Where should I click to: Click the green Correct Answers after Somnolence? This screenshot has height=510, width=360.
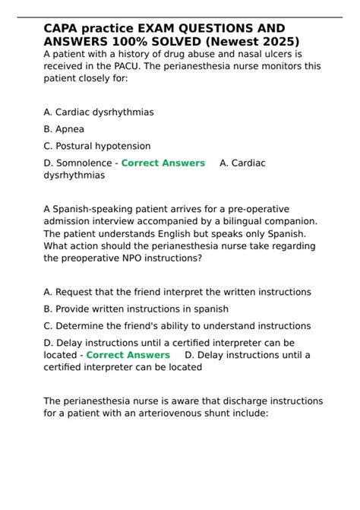163,163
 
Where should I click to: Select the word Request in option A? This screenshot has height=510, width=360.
77,292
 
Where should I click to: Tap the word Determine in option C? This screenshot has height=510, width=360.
82,325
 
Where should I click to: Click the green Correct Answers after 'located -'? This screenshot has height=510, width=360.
128,355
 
